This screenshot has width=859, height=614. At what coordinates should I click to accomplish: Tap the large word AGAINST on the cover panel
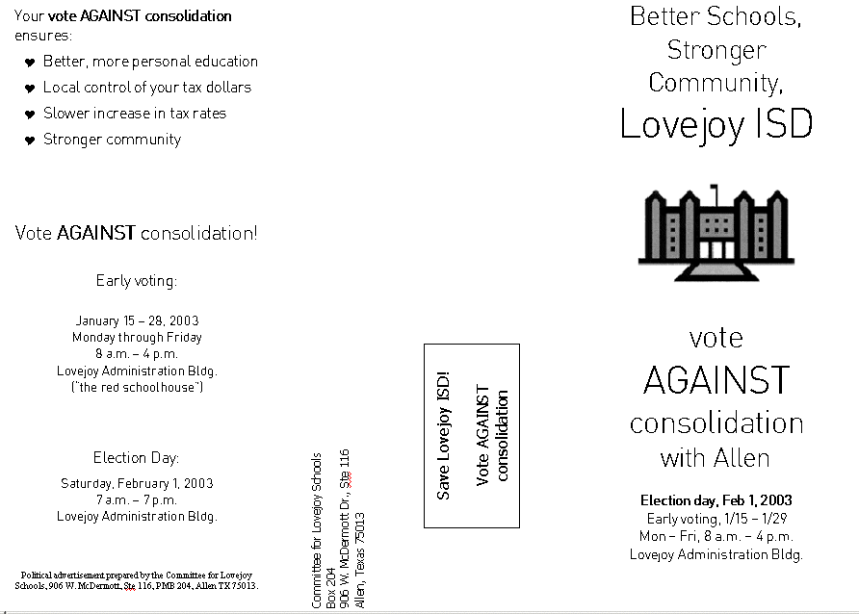716,381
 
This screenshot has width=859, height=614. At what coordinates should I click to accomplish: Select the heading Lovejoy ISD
716,124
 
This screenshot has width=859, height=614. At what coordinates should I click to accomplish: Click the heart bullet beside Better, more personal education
30,63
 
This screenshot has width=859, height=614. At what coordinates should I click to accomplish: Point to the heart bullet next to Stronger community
30,141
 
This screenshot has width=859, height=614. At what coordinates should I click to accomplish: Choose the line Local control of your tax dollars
146,88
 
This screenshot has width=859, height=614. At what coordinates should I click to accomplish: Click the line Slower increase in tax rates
135,114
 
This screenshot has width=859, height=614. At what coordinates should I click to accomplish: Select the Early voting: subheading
137,281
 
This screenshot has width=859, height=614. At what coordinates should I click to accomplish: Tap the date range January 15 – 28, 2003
137,320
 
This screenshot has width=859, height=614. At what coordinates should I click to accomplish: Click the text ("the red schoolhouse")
137,387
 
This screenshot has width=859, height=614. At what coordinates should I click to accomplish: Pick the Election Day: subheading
137,458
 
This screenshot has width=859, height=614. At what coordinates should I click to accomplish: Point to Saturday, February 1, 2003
137,483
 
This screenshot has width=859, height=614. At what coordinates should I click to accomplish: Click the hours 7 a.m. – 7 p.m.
137,499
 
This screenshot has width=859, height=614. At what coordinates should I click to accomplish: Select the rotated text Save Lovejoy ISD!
444,435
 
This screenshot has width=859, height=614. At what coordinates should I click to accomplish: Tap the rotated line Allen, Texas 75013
360,559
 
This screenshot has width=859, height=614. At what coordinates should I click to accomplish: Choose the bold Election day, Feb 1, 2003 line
716,500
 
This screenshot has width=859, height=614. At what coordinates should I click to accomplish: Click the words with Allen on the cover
716,457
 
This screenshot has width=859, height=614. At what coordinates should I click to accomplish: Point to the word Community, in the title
716,83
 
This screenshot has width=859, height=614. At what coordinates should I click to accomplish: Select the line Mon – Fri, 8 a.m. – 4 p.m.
716,536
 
